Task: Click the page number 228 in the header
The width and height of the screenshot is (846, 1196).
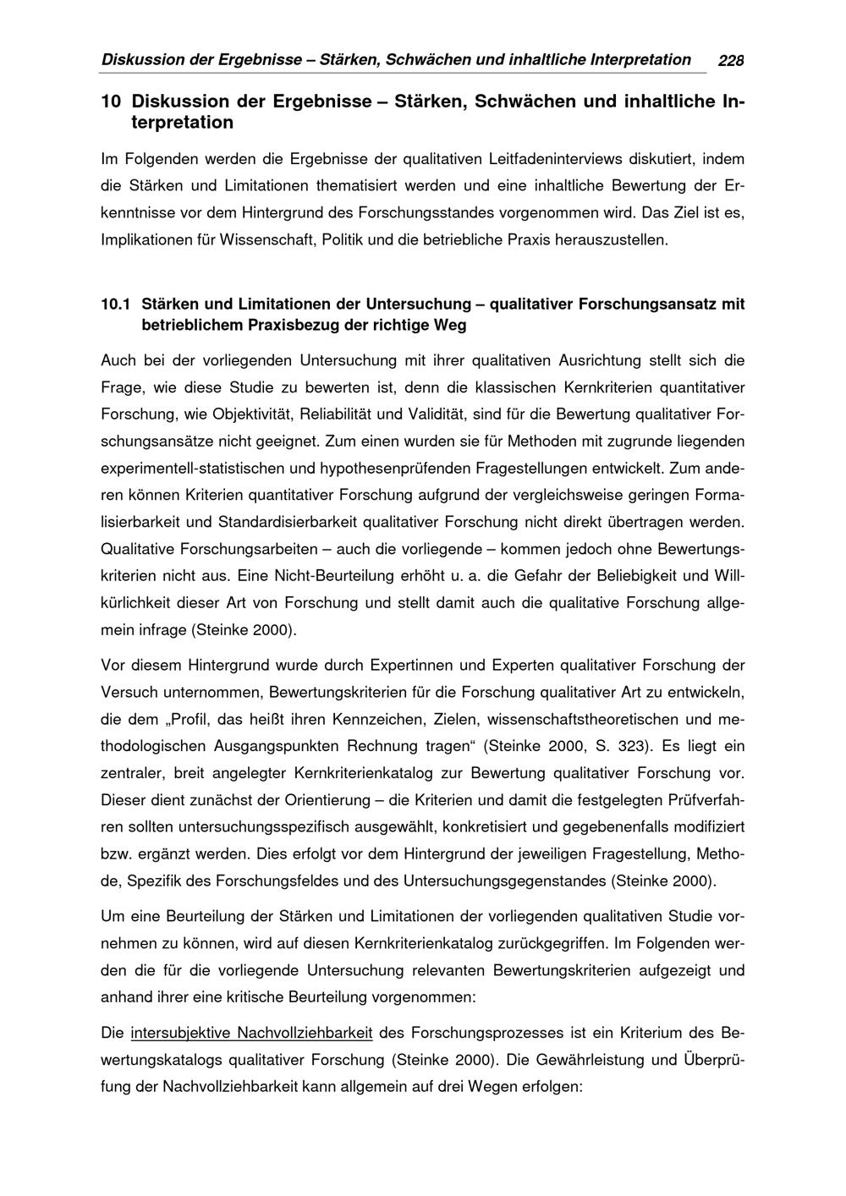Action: pyautogui.click(x=730, y=61)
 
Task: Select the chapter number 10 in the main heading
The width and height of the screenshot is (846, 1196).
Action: pyautogui.click(x=110, y=101)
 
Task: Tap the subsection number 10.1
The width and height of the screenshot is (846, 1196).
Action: pyautogui.click(x=117, y=303)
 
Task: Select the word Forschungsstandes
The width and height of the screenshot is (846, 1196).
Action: pyautogui.click(x=415, y=212)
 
